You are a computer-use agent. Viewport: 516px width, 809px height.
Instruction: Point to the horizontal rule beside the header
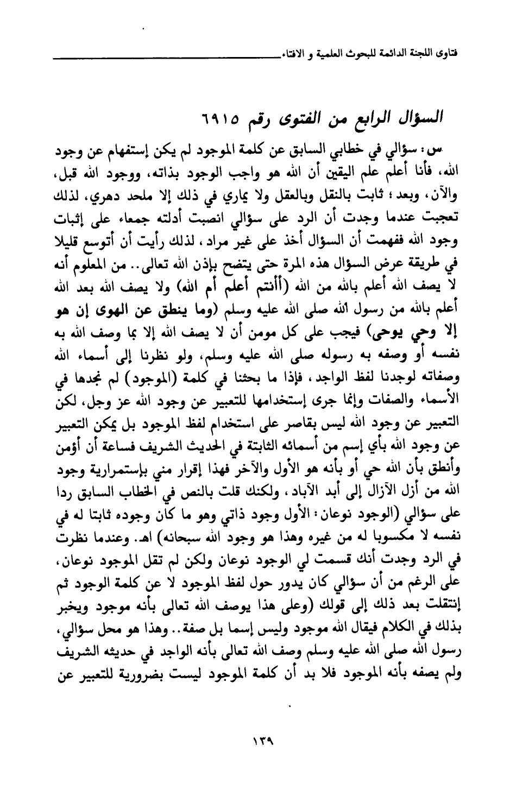coord(168,57)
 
